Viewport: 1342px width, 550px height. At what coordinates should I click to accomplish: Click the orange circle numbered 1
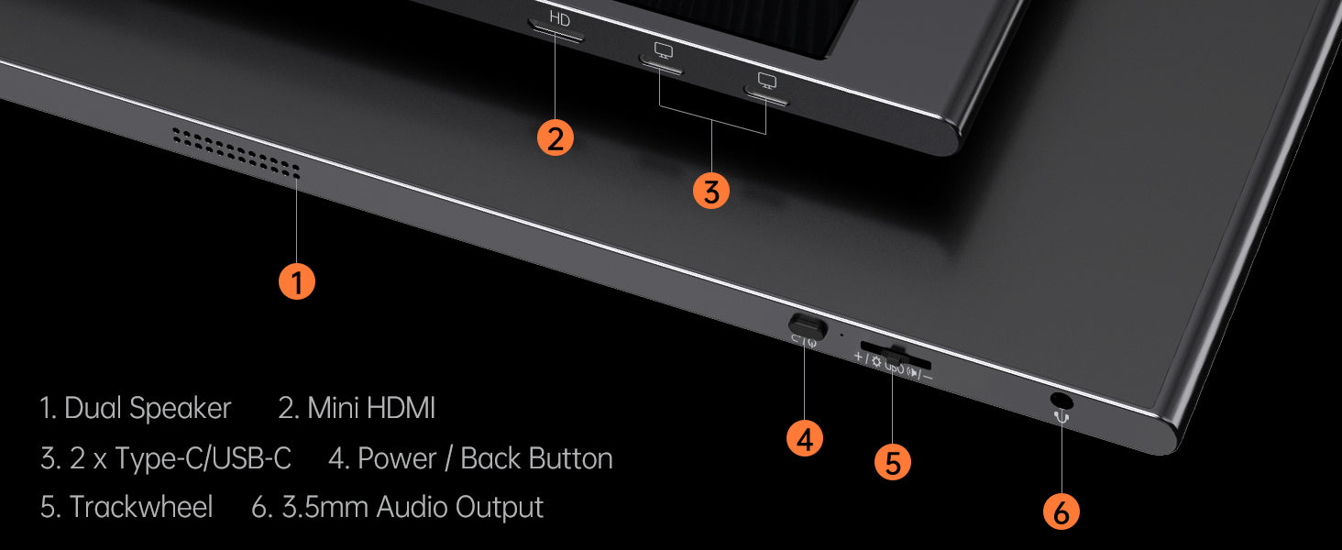click(x=297, y=281)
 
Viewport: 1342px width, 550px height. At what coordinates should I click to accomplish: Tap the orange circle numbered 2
click(x=555, y=137)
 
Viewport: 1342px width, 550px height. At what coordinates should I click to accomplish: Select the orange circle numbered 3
click(x=711, y=191)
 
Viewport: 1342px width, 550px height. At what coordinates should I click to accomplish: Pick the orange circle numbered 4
click(x=805, y=438)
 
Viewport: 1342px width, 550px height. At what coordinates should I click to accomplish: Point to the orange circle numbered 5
click(x=893, y=462)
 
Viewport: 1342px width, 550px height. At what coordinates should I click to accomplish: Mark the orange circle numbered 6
click(x=1061, y=511)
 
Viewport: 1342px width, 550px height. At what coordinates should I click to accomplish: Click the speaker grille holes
click(x=236, y=153)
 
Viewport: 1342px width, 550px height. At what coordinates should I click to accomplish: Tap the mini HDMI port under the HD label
click(x=555, y=32)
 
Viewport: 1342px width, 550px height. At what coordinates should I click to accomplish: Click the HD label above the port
click(x=559, y=18)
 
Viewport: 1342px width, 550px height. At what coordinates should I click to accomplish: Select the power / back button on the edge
click(x=807, y=326)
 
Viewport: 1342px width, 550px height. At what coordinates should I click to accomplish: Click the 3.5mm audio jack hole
click(x=1061, y=400)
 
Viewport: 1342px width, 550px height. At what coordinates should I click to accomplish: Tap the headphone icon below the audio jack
click(x=1061, y=415)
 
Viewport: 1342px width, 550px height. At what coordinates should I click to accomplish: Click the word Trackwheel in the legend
click(x=141, y=507)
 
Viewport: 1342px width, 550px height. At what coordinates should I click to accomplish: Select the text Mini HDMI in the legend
click(x=371, y=408)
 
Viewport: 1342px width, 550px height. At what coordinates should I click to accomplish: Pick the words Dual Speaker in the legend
click(x=148, y=409)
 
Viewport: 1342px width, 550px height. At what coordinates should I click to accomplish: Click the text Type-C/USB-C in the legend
click(x=203, y=458)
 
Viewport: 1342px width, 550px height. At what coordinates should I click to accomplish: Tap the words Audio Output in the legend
click(x=459, y=508)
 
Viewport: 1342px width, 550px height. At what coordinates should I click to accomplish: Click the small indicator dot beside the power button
click(x=841, y=335)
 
